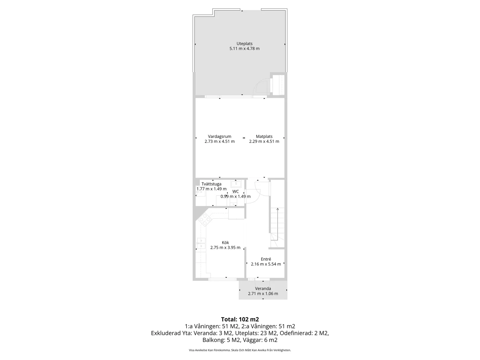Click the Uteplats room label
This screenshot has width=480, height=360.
pyautogui.click(x=244, y=44)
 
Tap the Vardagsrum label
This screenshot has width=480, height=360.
pyautogui.click(x=220, y=136)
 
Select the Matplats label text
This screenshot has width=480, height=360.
pyautogui.click(x=264, y=136)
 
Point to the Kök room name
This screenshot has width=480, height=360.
pyautogui.click(x=225, y=243)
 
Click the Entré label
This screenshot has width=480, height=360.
pyautogui.click(x=266, y=259)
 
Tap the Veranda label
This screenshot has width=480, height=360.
pyautogui.click(x=263, y=288)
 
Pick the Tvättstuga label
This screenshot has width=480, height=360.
pyautogui.click(x=211, y=184)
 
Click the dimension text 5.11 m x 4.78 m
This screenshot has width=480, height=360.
pyautogui.click(x=244, y=49)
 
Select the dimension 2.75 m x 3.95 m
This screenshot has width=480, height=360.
pyautogui.click(x=225, y=248)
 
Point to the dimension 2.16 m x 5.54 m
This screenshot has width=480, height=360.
pyautogui.click(x=266, y=264)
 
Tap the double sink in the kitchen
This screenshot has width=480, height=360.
pyautogui.click(x=201, y=243)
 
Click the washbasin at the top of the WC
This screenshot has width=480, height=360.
pyautogui.click(x=236, y=184)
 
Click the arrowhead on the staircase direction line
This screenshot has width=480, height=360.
pyautogui.click(x=278, y=209)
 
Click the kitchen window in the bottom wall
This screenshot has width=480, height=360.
pyautogui.click(x=222, y=279)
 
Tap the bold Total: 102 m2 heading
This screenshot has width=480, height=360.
pyautogui.click(x=240, y=319)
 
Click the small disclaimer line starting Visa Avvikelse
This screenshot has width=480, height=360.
pyautogui.click(x=240, y=350)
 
